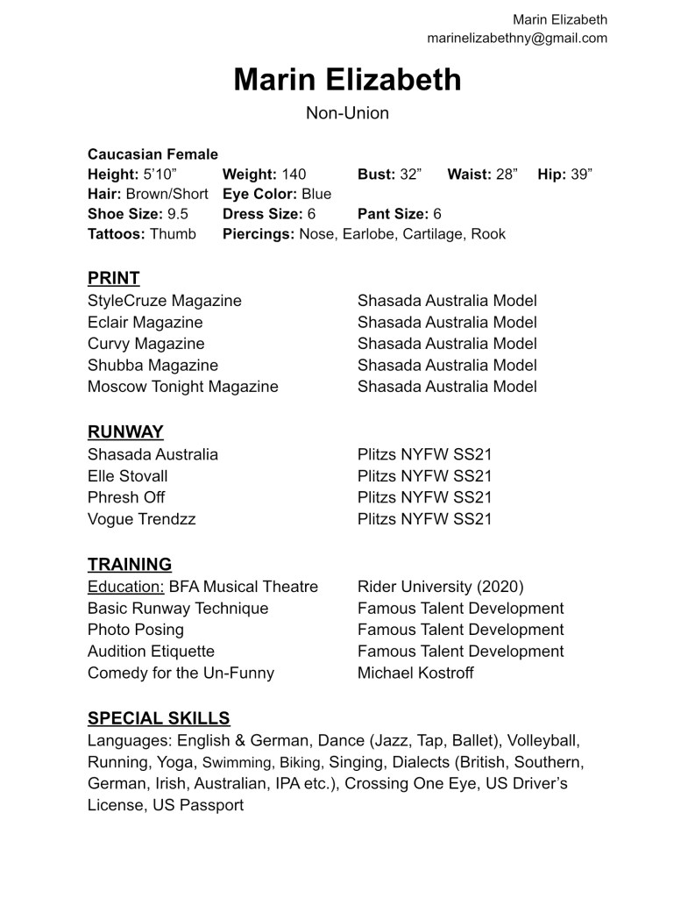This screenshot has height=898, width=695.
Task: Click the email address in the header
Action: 517,38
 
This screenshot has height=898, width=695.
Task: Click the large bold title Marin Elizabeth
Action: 347,80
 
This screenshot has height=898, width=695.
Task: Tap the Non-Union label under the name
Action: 347,113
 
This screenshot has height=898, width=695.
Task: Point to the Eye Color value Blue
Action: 316,194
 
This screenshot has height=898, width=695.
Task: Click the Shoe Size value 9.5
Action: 177,214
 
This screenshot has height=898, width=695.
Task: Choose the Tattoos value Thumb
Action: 173,234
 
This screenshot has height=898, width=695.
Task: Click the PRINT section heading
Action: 113,278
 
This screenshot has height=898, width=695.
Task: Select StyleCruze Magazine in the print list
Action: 164,301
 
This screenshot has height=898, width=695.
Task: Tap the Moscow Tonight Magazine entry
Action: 182,386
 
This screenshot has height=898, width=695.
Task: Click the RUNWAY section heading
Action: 125,431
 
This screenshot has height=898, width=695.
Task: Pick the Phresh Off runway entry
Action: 126,497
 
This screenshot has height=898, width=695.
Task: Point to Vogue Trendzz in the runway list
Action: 141,519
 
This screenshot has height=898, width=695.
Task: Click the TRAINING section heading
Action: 129,564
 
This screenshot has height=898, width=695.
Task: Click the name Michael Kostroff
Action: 416,673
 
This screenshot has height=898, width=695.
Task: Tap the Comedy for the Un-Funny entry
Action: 181,673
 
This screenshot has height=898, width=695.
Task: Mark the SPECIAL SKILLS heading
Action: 159,718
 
